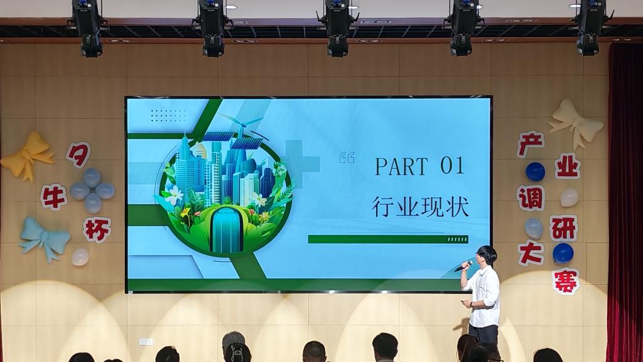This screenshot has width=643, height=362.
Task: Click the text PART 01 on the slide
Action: click(419, 166)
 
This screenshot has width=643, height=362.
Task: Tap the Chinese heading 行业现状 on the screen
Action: click(420, 206)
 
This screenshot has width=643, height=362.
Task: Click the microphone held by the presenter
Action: click(463, 266)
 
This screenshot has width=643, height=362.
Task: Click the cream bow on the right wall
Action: click(576, 123)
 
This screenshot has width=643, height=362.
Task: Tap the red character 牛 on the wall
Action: click(54, 197)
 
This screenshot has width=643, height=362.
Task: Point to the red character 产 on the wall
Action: click(531, 145)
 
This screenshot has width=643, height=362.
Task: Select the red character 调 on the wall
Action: click(531, 198)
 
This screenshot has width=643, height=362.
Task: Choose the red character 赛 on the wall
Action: click(566, 282)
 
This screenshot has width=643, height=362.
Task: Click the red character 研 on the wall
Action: click(563, 228)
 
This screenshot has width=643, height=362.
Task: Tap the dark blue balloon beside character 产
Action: click(535, 172)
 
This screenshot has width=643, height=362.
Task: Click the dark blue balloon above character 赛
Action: click(563, 253)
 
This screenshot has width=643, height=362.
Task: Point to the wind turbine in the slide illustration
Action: click(242, 124)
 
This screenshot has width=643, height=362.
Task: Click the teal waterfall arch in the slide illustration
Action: click(226, 229)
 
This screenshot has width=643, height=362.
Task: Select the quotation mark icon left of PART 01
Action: click(347, 158)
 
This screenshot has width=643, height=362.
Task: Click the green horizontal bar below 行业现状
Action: click(388, 239)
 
